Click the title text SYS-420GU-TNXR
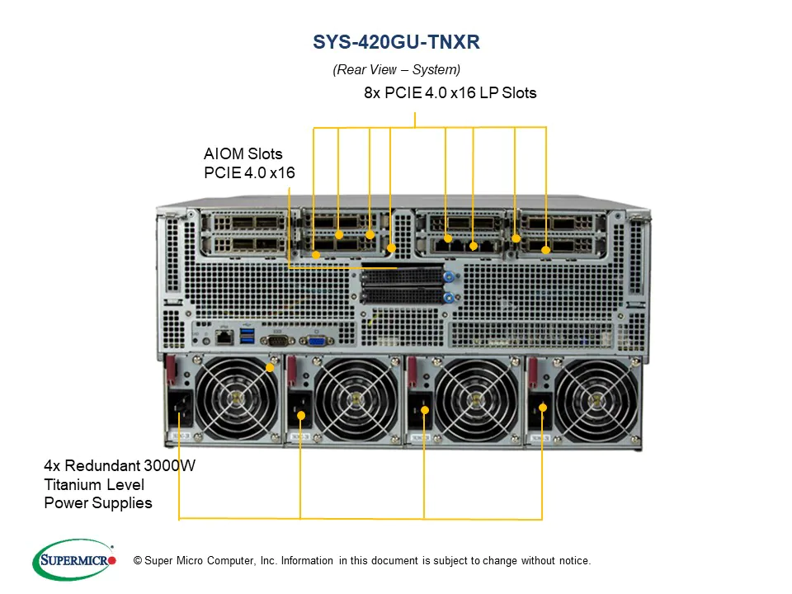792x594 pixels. click(x=396, y=41)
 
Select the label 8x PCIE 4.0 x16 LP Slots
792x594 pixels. click(x=450, y=93)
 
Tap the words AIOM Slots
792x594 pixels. click(x=243, y=154)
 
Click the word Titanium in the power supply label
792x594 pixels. click(x=73, y=484)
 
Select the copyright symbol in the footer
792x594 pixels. click(x=138, y=561)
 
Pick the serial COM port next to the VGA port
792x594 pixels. click(x=274, y=337)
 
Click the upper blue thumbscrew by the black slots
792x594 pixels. click(x=450, y=279)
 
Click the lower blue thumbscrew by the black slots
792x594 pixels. click(x=450, y=296)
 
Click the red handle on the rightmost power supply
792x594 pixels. click(x=533, y=371)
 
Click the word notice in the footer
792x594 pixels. click(x=575, y=561)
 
